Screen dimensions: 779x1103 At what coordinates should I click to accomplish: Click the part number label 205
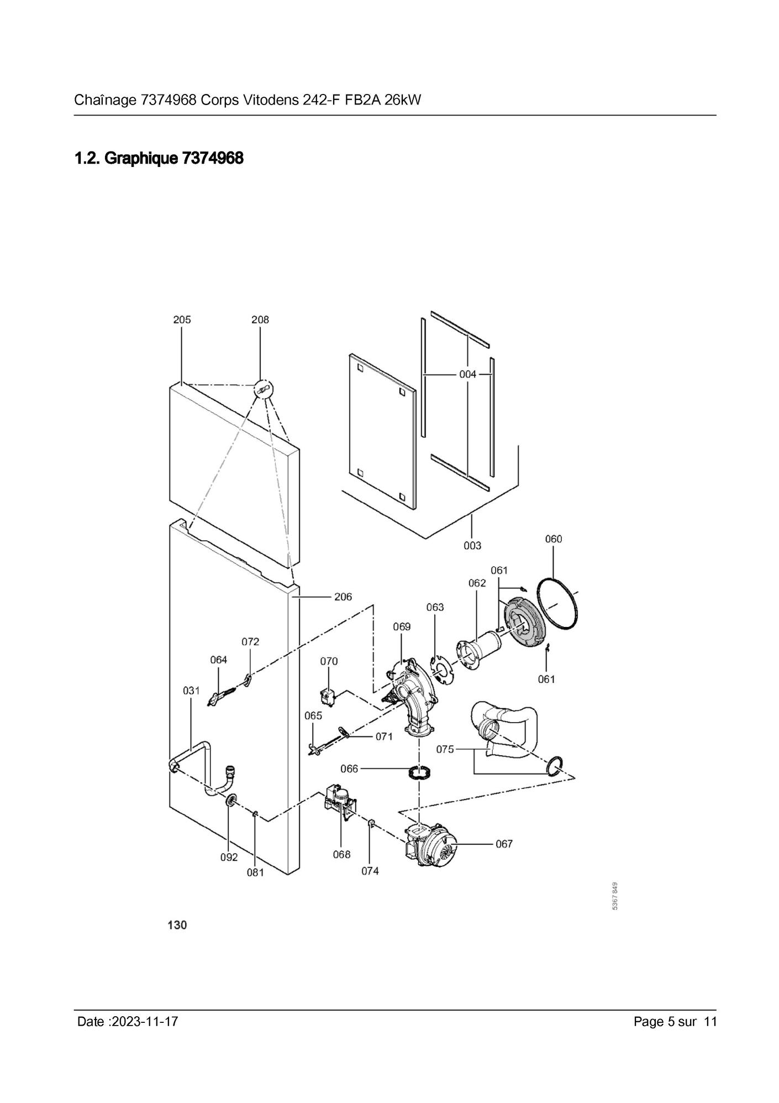point(182,320)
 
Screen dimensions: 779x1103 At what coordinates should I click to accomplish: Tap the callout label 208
point(260,320)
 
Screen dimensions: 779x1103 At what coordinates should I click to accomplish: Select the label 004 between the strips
point(467,374)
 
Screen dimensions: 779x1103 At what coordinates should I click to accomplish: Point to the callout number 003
point(472,546)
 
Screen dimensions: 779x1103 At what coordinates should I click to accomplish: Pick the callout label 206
point(343,597)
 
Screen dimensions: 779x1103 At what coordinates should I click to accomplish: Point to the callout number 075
point(445,749)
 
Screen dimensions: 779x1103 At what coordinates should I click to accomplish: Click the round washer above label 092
point(230,800)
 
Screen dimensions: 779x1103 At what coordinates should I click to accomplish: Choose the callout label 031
point(191,691)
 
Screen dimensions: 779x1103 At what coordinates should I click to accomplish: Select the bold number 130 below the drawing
point(177,925)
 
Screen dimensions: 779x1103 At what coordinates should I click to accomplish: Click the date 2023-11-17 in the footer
point(145,1021)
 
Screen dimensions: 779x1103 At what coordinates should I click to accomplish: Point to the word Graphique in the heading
point(141,159)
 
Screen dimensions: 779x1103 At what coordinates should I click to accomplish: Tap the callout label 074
point(370,871)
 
